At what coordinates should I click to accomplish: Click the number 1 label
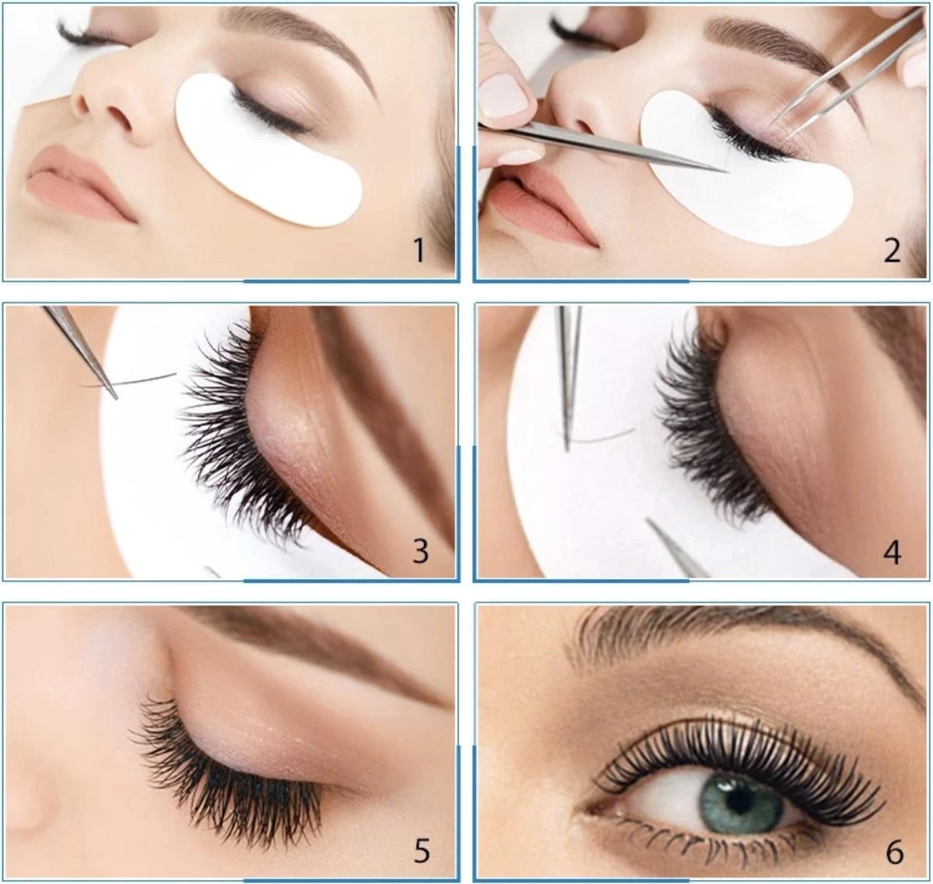(x=419, y=250)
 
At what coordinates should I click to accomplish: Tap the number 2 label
(x=892, y=250)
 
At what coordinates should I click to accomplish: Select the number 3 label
(x=421, y=551)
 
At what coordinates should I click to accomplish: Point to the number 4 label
(x=892, y=553)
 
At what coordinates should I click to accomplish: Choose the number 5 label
(x=421, y=851)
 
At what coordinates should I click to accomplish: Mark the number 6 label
(x=894, y=852)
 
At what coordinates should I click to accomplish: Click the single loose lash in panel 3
(x=128, y=380)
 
